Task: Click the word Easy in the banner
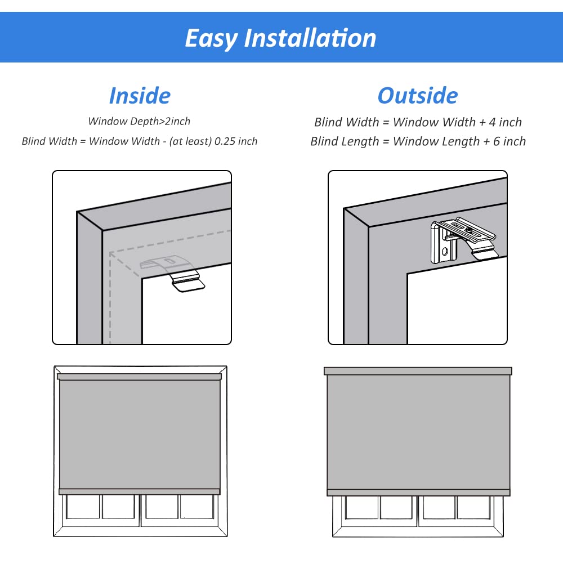tap(211, 38)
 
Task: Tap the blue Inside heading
tap(140, 95)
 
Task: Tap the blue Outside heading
tap(417, 95)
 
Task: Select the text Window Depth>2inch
tap(139, 121)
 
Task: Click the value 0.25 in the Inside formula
tap(224, 141)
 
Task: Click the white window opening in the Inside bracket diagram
tap(186, 315)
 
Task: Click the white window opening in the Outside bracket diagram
tap(456, 307)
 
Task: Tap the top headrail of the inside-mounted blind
tap(140, 377)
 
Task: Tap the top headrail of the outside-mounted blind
tap(418, 371)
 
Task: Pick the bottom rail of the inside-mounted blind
tap(140, 491)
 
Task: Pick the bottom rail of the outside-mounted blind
tap(418, 492)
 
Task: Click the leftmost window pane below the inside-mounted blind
tap(83, 506)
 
